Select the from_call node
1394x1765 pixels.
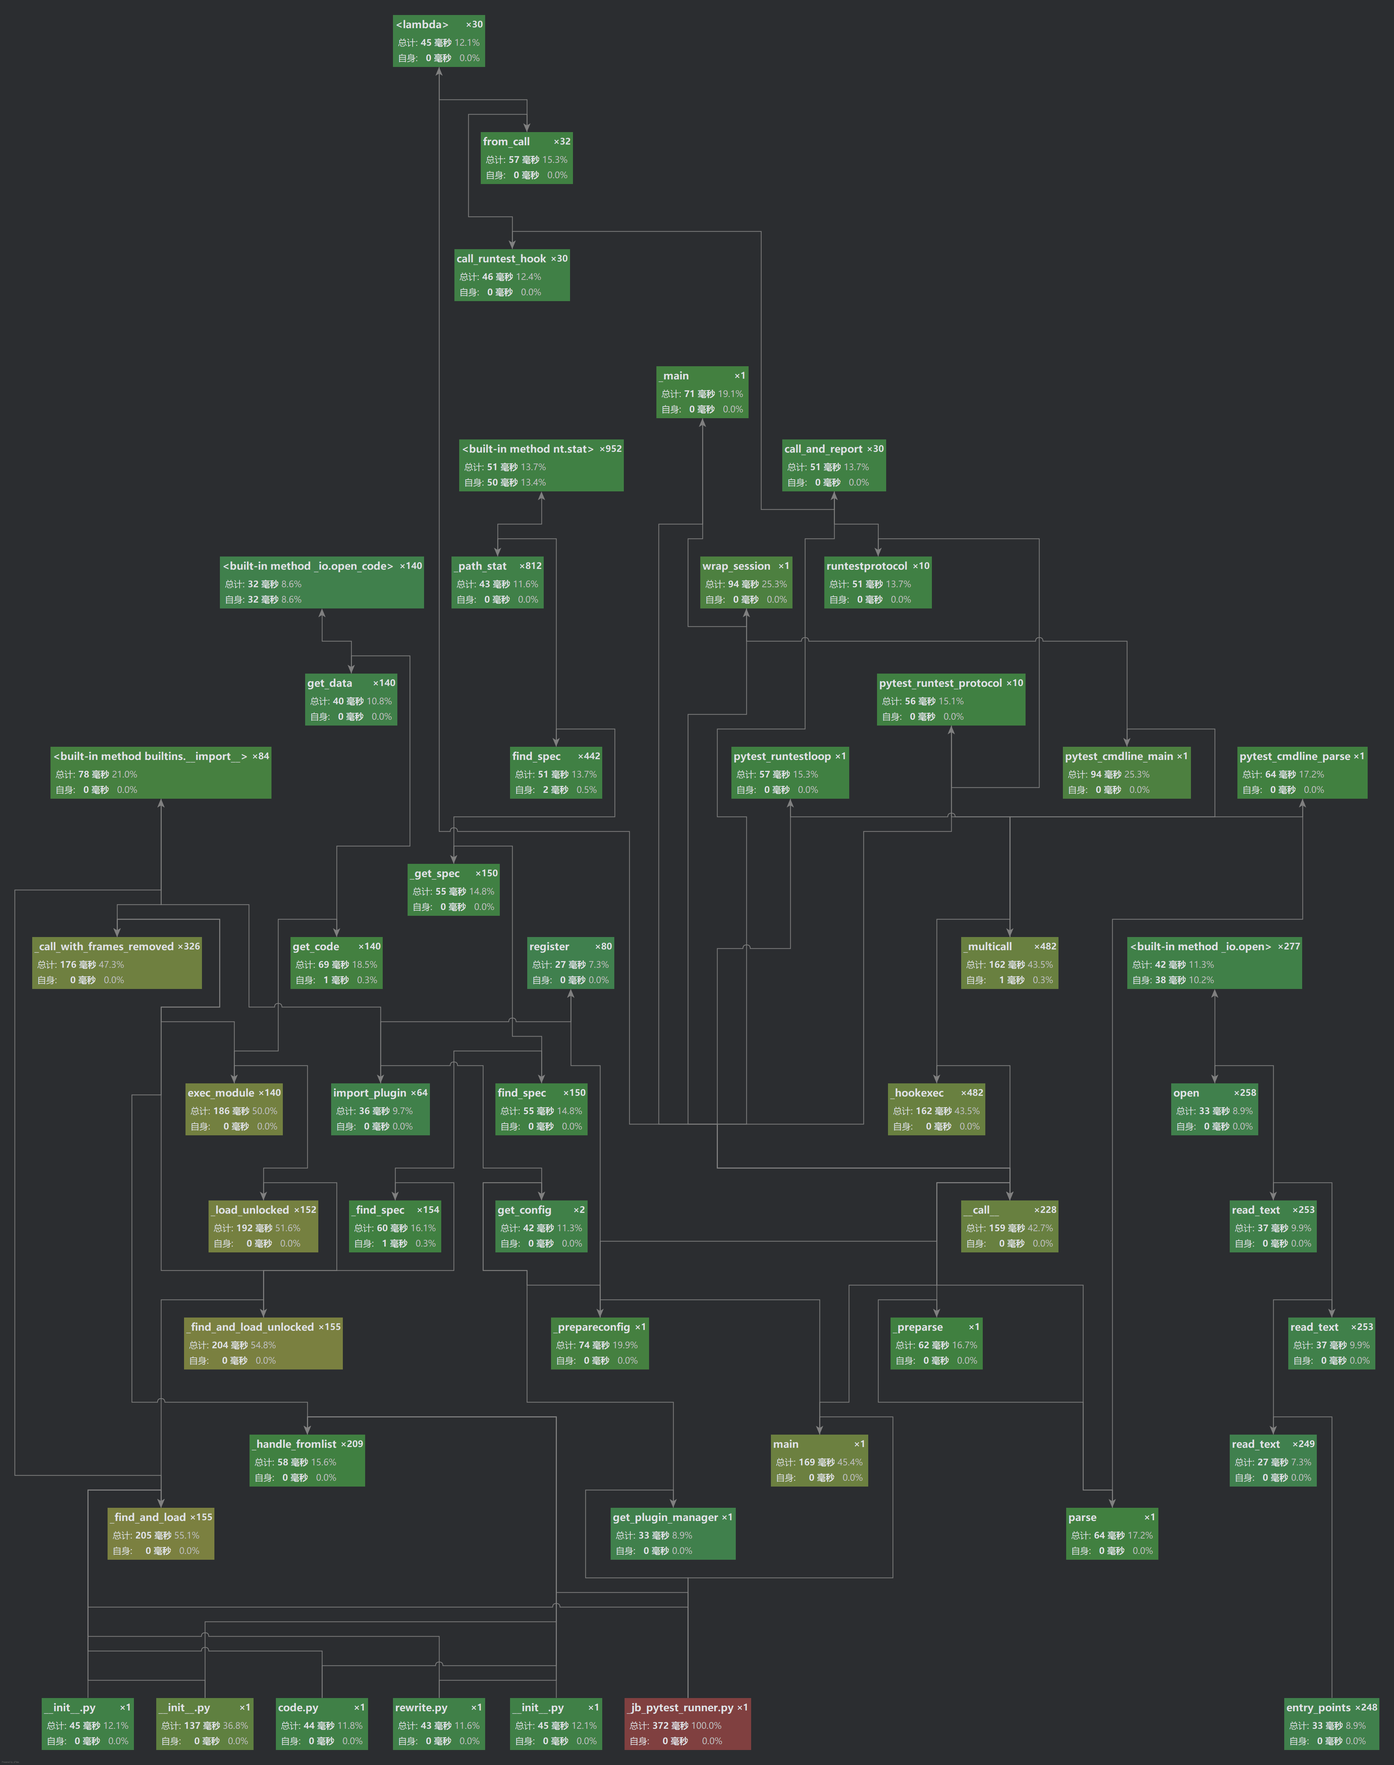pyautogui.click(x=527, y=158)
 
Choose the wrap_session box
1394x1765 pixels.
pyautogui.click(x=745, y=582)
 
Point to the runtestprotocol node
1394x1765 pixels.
pyautogui.click(x=877, y=582)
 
